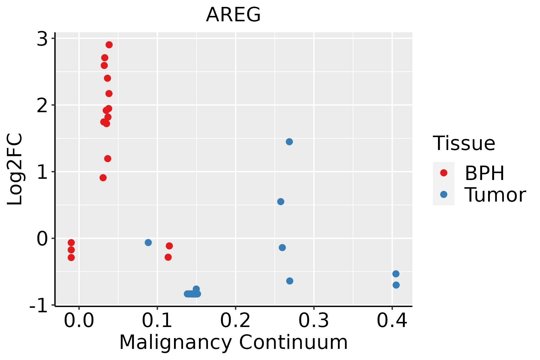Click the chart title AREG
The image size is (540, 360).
point(233,15)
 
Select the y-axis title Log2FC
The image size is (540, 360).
point(15,169)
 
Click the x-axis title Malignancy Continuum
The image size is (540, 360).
point(233,342)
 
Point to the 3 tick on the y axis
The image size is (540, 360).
point(42,39)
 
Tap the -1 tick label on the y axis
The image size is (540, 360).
point(38,306)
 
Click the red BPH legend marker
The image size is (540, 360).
point(443,173)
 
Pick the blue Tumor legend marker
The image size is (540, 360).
point(443,194)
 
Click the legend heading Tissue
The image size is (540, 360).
point(464,143)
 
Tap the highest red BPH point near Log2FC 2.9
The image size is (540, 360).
point(109,45)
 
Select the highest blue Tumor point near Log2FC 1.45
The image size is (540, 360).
point(289,142)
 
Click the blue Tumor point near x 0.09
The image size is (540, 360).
point(148,242)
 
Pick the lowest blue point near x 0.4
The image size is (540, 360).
point(396,285)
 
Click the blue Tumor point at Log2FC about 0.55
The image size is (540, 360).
point(281,202)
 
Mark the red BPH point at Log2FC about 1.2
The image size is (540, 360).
point(108,158)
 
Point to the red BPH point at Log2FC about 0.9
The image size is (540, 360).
point(103,178)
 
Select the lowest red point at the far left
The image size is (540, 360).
point(71,257)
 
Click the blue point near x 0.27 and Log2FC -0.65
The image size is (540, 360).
point(290,281)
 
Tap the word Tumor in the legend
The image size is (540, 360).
point(495,195)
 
